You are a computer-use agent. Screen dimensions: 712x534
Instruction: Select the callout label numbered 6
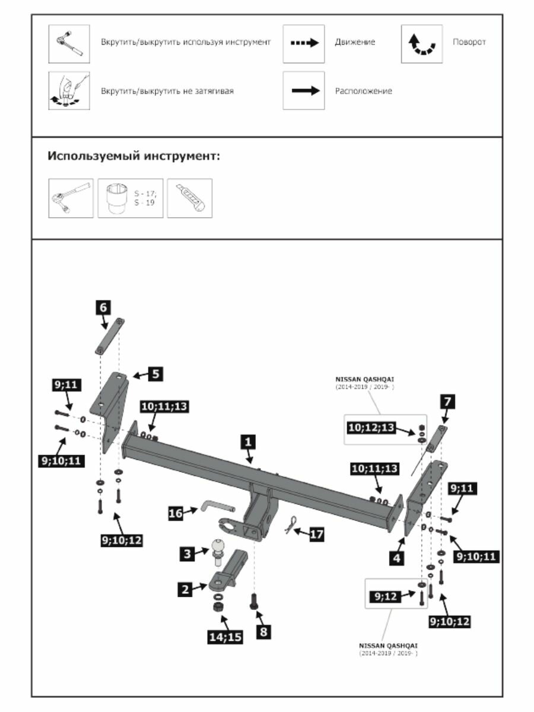click(x=103, y=307)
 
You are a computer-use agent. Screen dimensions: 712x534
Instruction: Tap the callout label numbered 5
click(x=155, y=374)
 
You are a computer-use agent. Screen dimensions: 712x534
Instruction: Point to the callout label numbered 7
click(x=446, y=402)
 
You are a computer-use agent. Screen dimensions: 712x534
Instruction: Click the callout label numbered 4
click(x=396, y=558)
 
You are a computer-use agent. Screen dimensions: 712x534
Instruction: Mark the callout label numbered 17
click(x=317, y=534)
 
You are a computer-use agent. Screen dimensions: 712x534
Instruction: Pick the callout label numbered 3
click(x=187, y=554)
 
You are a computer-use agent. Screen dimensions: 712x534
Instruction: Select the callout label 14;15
click(x=225, y=637)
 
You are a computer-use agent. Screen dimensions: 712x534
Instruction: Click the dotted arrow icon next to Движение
click(x=303, y=43)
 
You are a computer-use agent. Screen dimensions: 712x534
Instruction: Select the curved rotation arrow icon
click(x=422, y=43)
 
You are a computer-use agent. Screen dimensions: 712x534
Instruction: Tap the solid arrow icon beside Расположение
click(x=303, y=91)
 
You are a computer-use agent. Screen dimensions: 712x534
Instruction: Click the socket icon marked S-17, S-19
click(x=130, y=198)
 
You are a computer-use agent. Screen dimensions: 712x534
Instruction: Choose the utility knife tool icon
click(x=189, y=198)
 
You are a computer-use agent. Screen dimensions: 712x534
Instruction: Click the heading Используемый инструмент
click(x=133, y=157)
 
